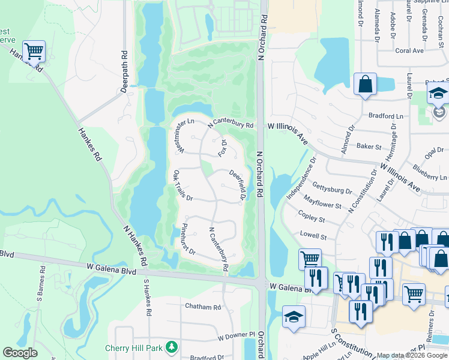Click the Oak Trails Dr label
coord(182,185)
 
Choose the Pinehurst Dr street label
coord(188,240)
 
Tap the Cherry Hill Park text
coord(135,347)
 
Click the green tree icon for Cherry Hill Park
coord(172,347)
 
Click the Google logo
coord(19,353)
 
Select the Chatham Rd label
coord(203,307)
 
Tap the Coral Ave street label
coord(409,51)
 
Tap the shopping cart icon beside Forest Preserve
coord(34,51)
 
